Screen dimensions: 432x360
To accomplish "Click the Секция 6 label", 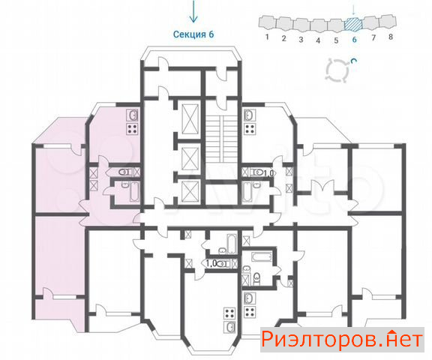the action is point(193,34).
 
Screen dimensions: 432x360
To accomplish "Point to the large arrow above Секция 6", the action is point(193,11).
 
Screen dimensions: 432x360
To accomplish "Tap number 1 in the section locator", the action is point(267,37).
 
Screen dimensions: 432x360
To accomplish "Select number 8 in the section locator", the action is point(391,37).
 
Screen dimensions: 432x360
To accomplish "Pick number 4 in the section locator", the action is point(318,40).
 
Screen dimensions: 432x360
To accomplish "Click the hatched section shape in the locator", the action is point(353,24).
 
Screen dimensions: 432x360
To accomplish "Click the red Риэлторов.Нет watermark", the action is point(342,339).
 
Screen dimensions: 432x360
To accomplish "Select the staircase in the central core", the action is point(221,139).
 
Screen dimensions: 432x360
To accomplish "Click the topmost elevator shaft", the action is point(190,118).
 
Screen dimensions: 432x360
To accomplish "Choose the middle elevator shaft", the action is point(190,157).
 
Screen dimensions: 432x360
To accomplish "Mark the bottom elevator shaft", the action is point(190,192).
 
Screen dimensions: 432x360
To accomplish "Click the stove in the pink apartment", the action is point(132,129).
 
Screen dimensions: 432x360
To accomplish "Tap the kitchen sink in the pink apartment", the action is point(132,115).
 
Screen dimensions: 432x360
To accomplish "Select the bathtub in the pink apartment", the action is point(134,192).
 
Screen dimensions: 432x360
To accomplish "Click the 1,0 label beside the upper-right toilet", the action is point(269,173).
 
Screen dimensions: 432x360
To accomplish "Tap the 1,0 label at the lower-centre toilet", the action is point(211,263).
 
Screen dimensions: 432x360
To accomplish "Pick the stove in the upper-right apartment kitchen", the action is point(250,129).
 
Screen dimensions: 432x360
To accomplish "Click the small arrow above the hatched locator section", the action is point(354,10).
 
